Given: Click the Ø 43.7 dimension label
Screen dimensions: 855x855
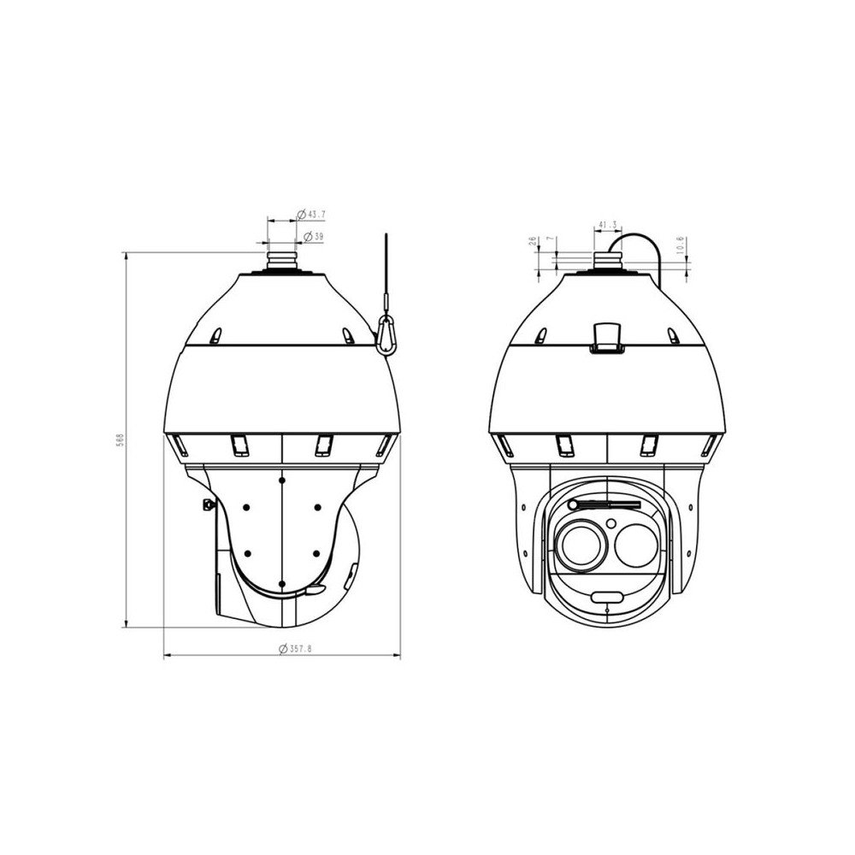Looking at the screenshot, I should [311, 213].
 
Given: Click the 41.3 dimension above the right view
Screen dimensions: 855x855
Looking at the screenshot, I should [608, 225].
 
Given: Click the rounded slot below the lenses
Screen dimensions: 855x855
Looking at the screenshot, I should [608, 595].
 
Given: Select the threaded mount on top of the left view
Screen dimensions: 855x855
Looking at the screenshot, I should [283, 257].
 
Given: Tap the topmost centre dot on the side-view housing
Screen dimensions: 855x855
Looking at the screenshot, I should [282, 481].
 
